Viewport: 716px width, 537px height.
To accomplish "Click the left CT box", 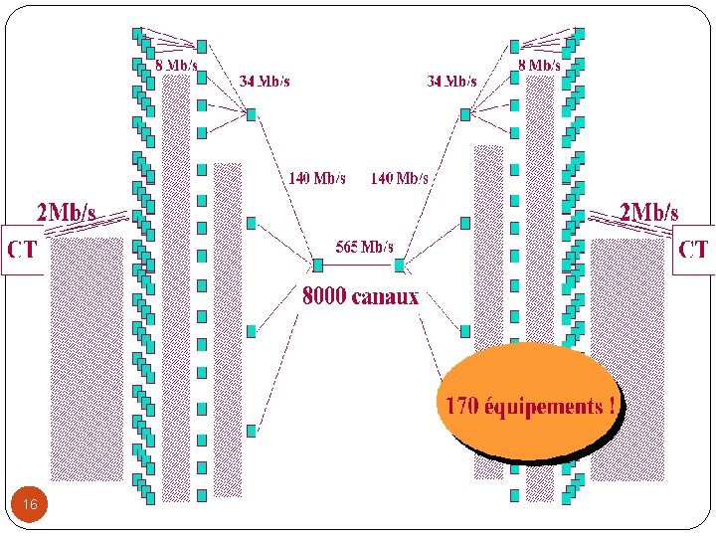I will pos(21,248).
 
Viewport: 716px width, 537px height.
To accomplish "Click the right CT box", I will pos(693,248).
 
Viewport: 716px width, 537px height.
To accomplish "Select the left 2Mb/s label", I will pos(66,212).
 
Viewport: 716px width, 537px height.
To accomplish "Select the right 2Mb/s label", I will pos(648,212).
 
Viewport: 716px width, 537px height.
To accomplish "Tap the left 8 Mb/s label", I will pos(176,65).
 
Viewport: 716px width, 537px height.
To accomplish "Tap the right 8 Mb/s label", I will pos(539,65).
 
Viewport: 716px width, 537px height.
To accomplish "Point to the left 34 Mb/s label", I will pos(264,82).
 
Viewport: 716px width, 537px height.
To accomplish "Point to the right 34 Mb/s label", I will pos(451,82).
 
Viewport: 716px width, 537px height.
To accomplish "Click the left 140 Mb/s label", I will pos(317,179).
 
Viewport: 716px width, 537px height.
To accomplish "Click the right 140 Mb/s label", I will pos(399,179).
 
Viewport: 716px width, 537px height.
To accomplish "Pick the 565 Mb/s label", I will pos(364,247).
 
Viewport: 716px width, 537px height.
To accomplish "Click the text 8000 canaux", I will pos(360,296).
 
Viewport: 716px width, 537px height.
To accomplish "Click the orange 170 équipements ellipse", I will pos(527,403).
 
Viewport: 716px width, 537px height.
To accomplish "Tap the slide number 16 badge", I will pos(30,506).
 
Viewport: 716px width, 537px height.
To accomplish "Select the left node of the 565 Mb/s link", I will pos(318,266).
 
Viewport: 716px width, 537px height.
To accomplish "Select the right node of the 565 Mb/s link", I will pos(400,266).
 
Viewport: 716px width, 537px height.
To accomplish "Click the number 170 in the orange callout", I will pos(462,406).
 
